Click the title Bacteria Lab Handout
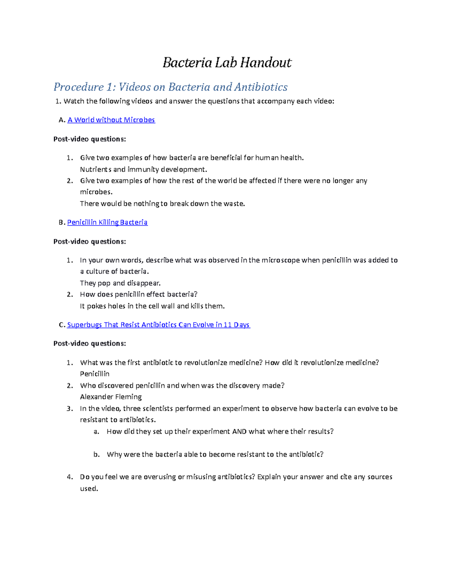pos(227,62)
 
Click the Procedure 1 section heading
pos(170,87)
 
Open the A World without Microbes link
pos(111,120)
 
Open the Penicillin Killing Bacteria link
pos(107,222)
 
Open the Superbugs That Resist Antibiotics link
pos(158,325)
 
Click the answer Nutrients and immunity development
pos(143,169)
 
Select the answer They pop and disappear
pos(120,283)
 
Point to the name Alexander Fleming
pos(111,397)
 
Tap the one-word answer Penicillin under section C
pos(95,374)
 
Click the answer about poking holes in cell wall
pos(152,306)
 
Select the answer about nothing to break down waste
pos(162,204)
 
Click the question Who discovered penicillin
pos(182,386)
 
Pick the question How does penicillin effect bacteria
pos(138,294)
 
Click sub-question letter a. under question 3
pos(96,432)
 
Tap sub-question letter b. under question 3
pos(96,454)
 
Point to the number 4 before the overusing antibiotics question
pos(70,477)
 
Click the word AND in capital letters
pos(239,432)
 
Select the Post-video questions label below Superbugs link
pos(90,344)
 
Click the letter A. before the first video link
pos(62,120)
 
